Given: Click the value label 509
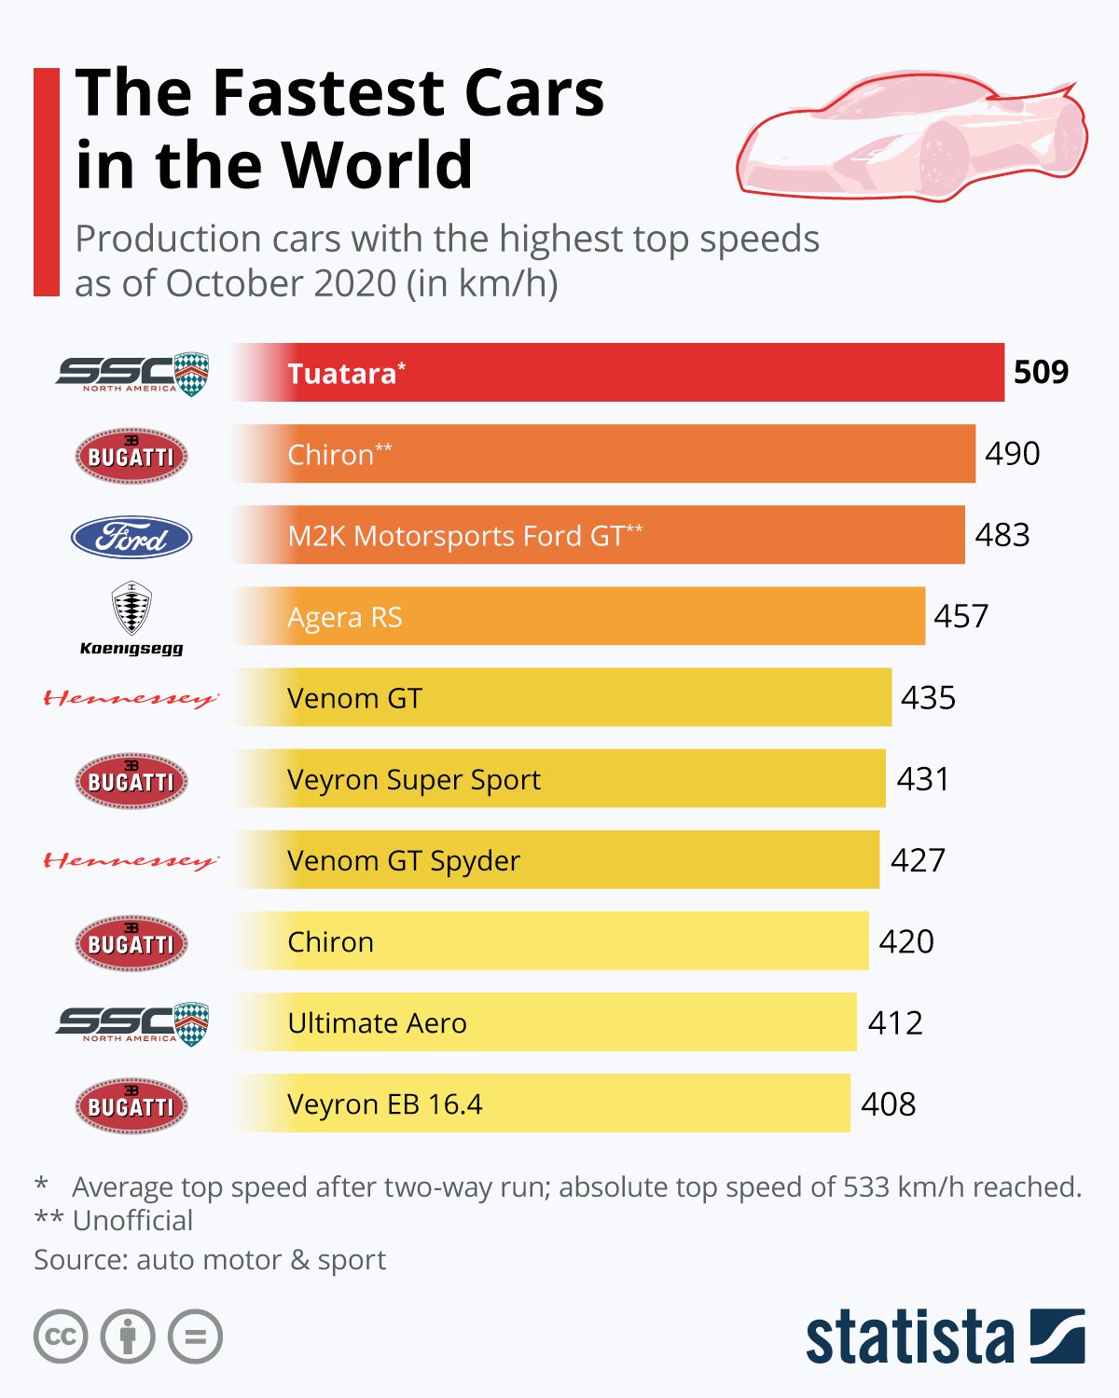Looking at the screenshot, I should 1041,373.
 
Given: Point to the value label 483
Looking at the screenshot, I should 1002,535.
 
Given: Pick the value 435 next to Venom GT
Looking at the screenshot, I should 928,698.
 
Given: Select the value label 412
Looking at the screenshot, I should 895,1023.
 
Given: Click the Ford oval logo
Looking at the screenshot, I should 131,537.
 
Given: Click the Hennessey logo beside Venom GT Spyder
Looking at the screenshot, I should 131,860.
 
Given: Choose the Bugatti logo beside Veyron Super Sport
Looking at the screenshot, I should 131,781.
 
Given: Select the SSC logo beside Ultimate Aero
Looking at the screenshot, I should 131,1024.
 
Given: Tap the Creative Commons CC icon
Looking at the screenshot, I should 61,1336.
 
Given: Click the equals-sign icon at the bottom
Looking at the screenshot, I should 195,1336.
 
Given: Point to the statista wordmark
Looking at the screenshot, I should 909,1336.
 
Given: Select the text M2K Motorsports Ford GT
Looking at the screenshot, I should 456,536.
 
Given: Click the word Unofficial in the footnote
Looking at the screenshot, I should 132,1220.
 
